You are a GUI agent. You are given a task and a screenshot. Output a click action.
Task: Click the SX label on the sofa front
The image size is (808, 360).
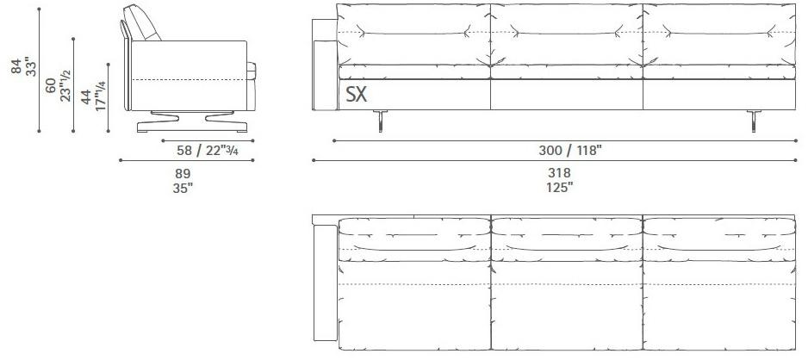click(x=357, y=95)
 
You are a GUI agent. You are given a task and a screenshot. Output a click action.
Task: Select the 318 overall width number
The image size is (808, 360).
click(x=556, y=172)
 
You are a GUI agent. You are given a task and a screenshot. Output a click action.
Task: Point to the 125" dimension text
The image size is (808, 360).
click(x=556, y=186)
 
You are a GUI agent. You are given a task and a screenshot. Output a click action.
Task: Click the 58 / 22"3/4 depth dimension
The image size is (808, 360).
click(x=202, y=150)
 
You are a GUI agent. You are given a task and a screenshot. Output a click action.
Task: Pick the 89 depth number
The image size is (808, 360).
click(x=183, y=172)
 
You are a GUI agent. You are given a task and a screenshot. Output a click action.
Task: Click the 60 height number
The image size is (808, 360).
click(x=52, y=85)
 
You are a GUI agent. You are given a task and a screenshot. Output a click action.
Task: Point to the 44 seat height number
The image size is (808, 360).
click(x=86, y=96)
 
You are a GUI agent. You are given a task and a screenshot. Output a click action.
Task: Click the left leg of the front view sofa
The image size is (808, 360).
click(x=377, y=121)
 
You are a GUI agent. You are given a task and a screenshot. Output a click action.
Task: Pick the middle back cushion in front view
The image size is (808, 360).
click(x=565, y=34)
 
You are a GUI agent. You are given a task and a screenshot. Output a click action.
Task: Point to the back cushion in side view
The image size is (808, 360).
click(x=144, y=22)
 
